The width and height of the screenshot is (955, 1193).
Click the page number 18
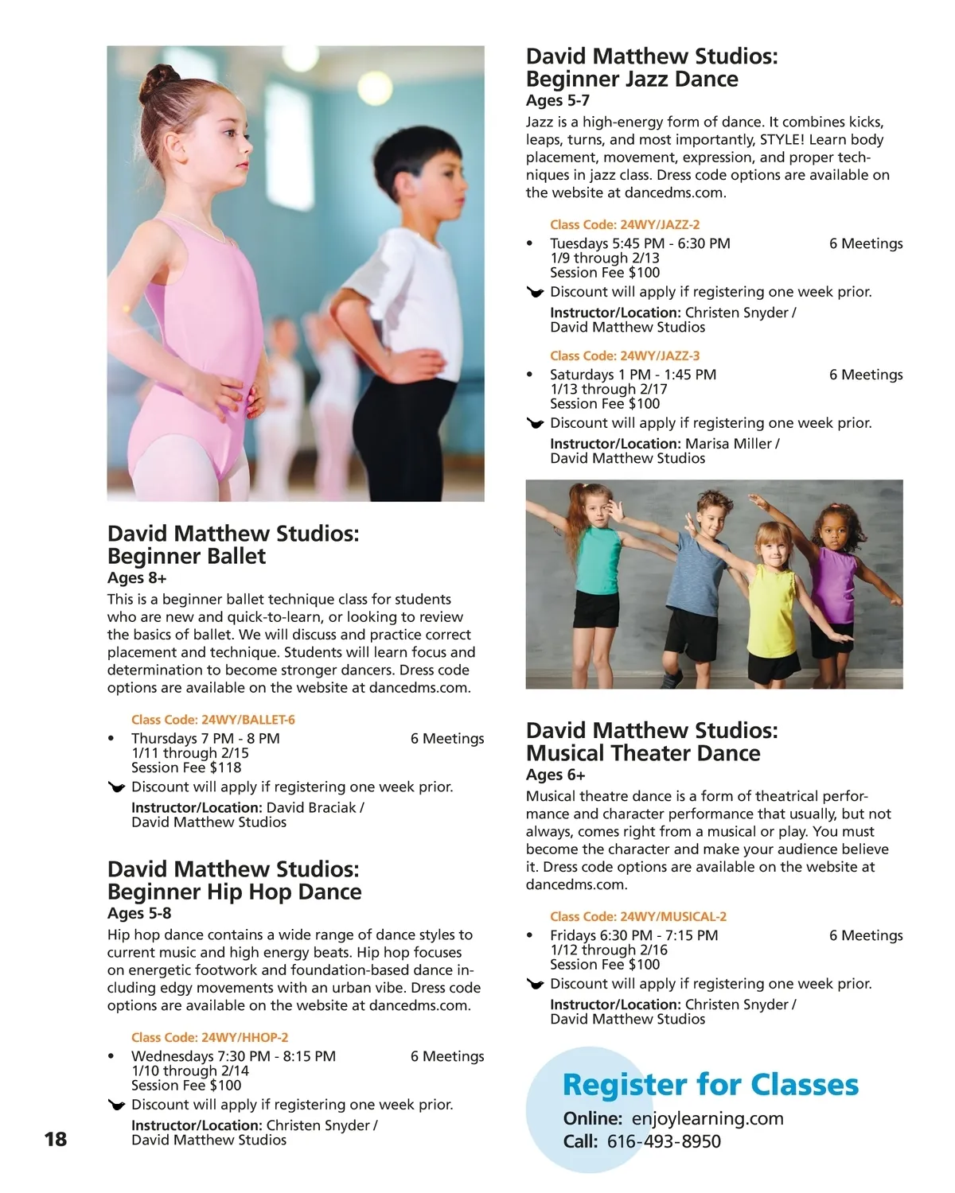[x=56, y=1139]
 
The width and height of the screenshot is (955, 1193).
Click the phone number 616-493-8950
[x=664, y=1141]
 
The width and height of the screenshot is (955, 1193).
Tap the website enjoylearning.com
[x=707, y=1118]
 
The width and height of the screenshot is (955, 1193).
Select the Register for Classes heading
[x=710, y=1085]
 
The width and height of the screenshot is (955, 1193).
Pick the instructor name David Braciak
[x=311, y=807]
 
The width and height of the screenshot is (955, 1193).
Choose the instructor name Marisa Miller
[x=728, y=444]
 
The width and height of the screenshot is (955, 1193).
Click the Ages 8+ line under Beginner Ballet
[x=137, y=578]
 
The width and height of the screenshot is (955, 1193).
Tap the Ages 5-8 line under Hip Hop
[x=139, y=913]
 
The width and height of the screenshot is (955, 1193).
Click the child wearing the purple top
[x=834, y=589]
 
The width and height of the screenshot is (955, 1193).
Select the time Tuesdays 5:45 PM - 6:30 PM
[x=640, y=243]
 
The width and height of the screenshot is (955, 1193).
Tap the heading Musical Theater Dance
[x=643, y=753]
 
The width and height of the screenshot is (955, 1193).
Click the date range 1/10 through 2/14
[x=190, y=1071]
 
